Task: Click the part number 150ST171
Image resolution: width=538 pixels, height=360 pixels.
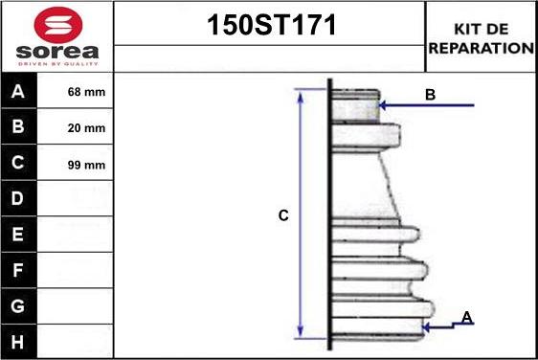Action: point(271,25)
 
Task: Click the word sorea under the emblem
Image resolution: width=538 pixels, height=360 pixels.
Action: point(57,52)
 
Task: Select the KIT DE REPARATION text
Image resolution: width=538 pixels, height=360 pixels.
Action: point(482,38)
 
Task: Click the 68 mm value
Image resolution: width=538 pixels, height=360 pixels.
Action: point(86,92)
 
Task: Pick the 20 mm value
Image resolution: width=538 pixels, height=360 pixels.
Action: point(86,128)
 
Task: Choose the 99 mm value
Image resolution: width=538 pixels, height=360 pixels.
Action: point(86,165)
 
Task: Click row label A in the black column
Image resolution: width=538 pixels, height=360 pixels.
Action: point(18,91)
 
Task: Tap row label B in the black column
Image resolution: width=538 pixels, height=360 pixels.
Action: point(18,126)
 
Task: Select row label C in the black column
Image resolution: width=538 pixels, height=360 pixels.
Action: point(18,163)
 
